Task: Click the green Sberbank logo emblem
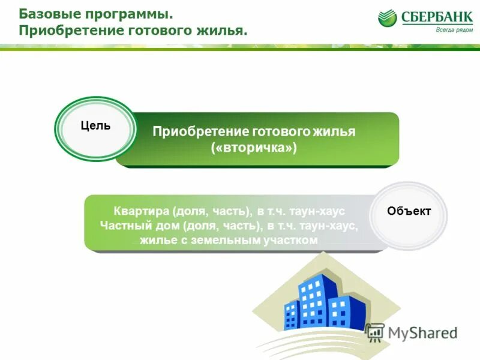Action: coord(388,18)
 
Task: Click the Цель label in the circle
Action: coord(95,126)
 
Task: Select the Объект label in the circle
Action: coord(409,211)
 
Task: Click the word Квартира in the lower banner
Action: coord(142,212)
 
